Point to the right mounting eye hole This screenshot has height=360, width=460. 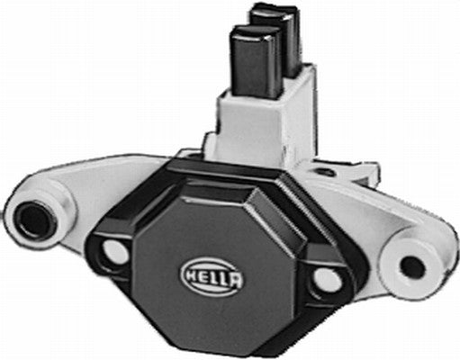[410, 266]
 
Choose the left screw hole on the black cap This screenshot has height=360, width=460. [114, 252]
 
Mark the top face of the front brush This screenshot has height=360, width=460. [249, 34]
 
